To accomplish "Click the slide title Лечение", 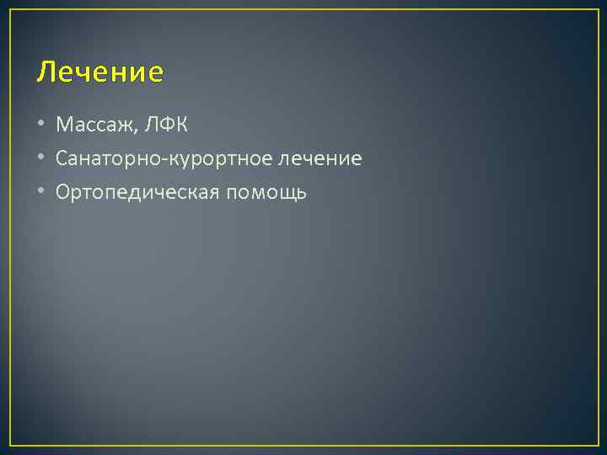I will coord(99,72).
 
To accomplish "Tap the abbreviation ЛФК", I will coord(165,126).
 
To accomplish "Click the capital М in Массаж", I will coord(64,126).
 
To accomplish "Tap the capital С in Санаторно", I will coord(62,159).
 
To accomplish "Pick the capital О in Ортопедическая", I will coord(63,193).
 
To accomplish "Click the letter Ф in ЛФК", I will coord(165,126).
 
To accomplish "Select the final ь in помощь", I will coord(302,193).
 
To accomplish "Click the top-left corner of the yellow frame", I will coord(10,10).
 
